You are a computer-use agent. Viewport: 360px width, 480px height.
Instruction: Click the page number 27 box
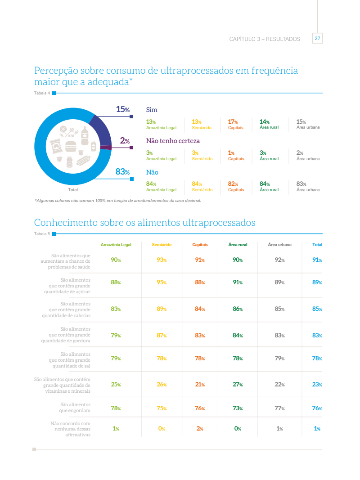point(317,39)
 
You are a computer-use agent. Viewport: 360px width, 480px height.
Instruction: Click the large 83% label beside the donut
point(122,172)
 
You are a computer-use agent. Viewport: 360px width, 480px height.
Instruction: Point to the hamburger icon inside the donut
point(71,146)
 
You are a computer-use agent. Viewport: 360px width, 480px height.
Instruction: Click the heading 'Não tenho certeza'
point(173,141)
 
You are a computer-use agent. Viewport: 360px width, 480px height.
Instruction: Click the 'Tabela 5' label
point(42,234)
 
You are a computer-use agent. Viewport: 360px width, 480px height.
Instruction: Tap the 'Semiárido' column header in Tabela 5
point(162,245)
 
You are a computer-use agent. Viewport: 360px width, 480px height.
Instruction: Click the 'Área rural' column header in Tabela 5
point(238,245)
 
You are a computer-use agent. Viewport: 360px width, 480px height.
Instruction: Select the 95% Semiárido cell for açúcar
point(162,283)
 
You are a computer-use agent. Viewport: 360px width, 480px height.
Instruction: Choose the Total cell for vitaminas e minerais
point(317,385)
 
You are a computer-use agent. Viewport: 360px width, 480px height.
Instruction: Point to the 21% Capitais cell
point(200,385)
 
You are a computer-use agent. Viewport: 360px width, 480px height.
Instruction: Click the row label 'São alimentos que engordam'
point(75,408)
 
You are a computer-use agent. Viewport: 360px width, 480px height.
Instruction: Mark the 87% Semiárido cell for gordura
point(162,336)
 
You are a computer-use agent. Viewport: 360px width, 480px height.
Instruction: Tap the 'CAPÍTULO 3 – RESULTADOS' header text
point(265,39)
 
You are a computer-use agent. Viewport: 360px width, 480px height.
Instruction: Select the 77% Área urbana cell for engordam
point(279,408)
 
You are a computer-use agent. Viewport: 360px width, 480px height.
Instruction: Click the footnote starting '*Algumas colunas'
point(117,201)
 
